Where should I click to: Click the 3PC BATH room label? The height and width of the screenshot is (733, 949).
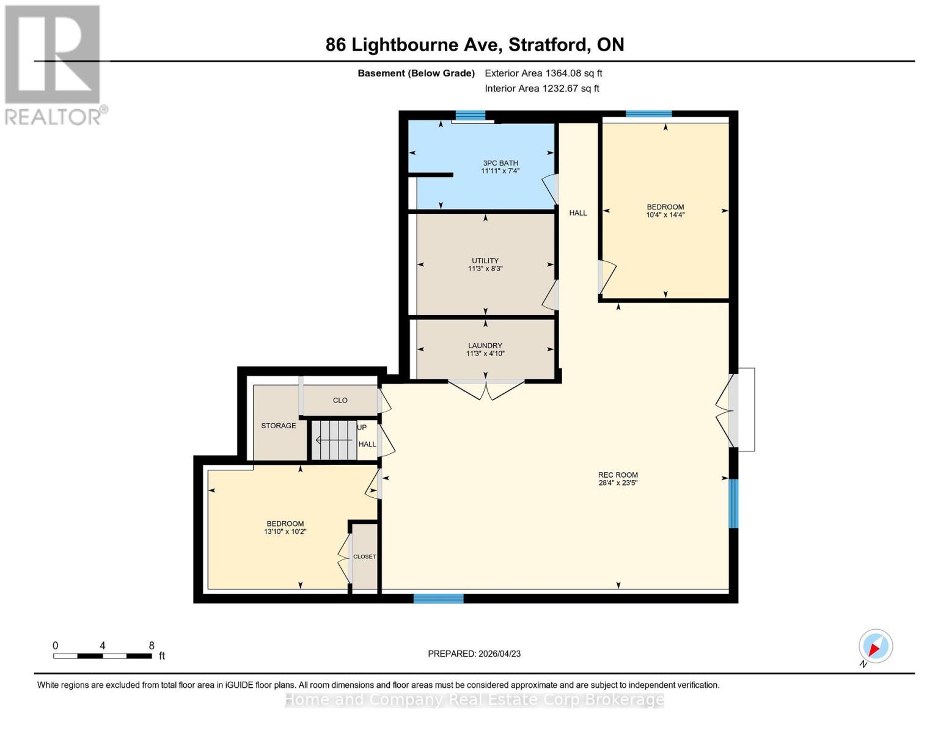point(500,163)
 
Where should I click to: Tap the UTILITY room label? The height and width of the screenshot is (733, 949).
point(485,261)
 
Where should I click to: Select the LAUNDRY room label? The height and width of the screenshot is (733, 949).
point(485,346)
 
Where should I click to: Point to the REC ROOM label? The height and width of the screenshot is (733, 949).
point(618,475)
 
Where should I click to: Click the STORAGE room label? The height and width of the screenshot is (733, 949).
point(279,426)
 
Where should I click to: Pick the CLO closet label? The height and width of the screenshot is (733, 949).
point(340,401)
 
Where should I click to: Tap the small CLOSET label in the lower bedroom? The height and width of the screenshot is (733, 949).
point(365,557)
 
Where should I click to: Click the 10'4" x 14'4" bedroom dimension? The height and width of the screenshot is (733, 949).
point(665,215)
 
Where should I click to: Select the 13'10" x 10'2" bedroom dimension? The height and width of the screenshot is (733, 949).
point(285,532)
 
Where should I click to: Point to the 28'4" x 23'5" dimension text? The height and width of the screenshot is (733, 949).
point(618,483)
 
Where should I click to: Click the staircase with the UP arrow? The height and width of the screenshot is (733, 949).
point(334,440)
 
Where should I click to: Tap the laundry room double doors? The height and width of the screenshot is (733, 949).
point(486,390)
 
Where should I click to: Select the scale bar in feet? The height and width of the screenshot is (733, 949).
point(103,656)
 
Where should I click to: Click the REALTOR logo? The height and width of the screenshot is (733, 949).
point(54,64)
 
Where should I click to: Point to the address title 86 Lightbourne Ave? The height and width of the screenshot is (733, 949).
point(475,45)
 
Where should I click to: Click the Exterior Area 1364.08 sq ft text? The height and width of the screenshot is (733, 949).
point(543,73)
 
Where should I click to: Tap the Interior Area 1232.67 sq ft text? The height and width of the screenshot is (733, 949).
point(542,89)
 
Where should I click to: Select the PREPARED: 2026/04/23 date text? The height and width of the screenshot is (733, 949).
point(474,654)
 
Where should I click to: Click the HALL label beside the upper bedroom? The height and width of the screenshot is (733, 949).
point(578,213)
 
